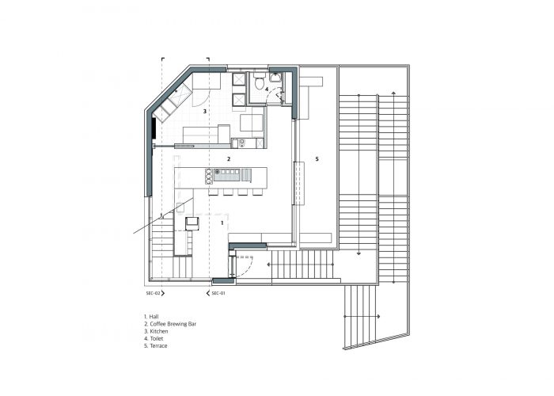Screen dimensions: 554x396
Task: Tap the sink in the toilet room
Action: click(x=275, y=77)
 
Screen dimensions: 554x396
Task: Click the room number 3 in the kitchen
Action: click(x=204, y=112)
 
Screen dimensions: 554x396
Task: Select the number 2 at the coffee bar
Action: click(x=229, y=158)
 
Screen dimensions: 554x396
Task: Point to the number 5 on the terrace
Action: click(x=317, y=159)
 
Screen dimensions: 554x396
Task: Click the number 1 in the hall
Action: click(x=222, y=223)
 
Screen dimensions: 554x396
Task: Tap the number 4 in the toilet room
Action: click(x=267, y=89)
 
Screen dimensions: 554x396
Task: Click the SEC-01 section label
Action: click(x=218, y=293)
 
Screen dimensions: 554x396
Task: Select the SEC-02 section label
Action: click(x=153, y=293)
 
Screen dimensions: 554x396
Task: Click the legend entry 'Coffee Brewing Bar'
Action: click(x=173, y=324)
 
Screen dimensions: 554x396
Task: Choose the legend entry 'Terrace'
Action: click(x=158, y=346)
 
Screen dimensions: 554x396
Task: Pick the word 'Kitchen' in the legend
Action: click(x=159, y=331)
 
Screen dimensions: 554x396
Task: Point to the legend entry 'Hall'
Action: click(x=154, y=317)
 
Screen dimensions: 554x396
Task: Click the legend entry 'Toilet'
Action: click(x=157, y=339)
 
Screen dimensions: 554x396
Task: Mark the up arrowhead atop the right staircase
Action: click(x=393, y=93)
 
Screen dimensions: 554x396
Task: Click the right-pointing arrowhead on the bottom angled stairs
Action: click(x=379, y=317)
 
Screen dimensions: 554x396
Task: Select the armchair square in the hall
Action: click(x=192, y=223)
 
